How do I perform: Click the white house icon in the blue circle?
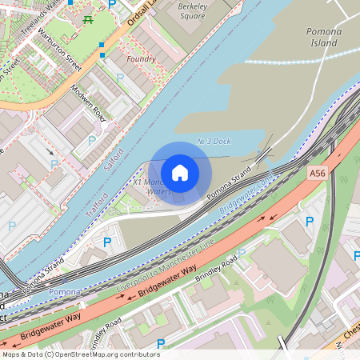[180, 173]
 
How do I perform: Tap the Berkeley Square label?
[192, 10]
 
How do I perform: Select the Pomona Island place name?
[324, 36]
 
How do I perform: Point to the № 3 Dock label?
[214, 141]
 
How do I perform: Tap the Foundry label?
[142, 58]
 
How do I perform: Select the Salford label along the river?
[114, 158]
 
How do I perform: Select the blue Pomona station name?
[63, 292]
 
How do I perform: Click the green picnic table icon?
[87, 18]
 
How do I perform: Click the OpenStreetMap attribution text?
[80, 354]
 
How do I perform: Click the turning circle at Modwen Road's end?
[104, 125]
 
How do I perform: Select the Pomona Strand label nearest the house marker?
[230, 186]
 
